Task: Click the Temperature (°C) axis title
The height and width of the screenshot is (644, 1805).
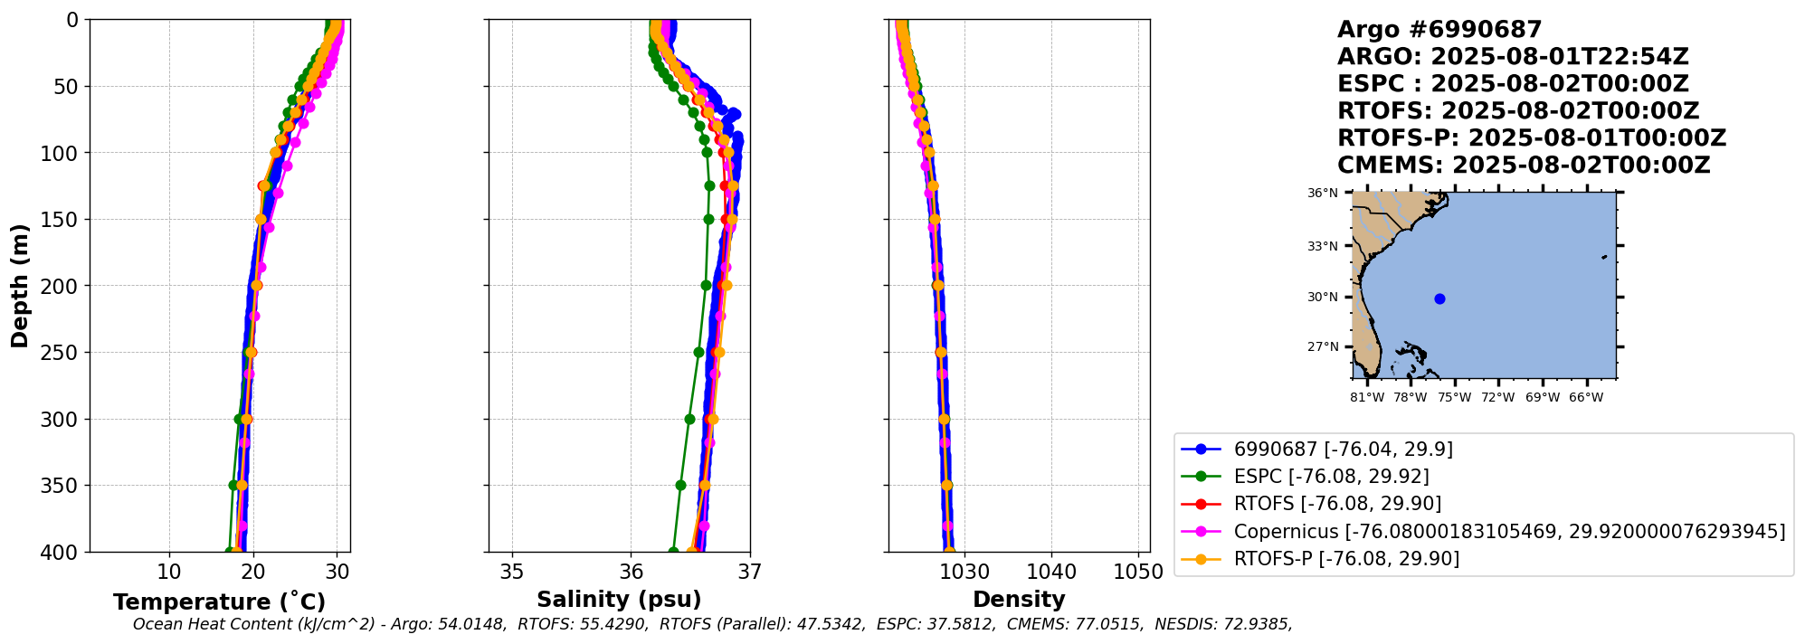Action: pos(219,602)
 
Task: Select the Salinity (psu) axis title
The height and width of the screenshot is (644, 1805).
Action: pos(619,600)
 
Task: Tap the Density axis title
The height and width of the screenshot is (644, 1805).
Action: pos(1019,600)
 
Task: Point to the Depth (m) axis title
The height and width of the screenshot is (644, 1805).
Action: pos(20,286)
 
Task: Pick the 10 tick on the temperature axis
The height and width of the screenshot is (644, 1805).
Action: pos(169,572)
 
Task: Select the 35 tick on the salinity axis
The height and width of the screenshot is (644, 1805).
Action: pos(512,572)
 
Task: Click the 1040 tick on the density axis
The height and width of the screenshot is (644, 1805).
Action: pos(1051,572)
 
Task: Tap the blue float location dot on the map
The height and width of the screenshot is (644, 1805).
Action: pos(1439,299)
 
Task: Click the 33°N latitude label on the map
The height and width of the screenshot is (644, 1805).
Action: pos(1322,246)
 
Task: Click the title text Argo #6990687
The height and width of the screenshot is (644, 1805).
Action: pos(1439,30)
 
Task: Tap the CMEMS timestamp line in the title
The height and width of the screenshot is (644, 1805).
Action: pos(1524,166)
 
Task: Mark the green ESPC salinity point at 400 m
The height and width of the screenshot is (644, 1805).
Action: pos(673,552)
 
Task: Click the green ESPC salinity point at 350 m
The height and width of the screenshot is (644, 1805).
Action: pos(680,485)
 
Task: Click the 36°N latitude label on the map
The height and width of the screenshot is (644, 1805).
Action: pos(1322,193)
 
